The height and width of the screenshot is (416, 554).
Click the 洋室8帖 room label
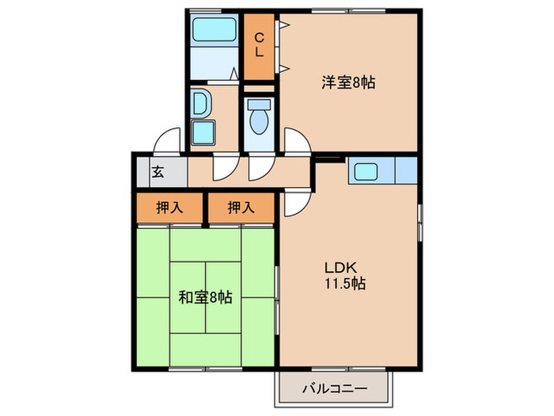point(348,81)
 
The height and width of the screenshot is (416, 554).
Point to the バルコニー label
point(334,389)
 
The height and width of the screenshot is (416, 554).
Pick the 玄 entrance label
point(158,170)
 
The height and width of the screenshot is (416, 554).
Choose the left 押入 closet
point(169,208)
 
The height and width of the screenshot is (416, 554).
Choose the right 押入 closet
point(241,208)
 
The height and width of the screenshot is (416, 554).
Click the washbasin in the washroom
point(201,104)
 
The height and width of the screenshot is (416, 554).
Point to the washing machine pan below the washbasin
point(205,132)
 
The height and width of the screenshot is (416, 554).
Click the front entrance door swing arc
point(168,141)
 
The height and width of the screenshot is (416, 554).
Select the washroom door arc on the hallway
point(225,167)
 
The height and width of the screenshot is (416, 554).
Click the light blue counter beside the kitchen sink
point(405,171)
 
